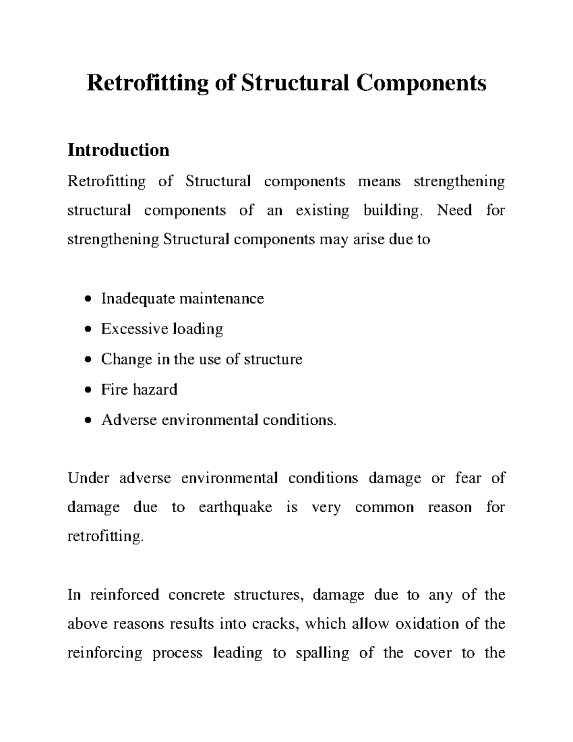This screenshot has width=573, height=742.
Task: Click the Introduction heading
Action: (x=118, y=150)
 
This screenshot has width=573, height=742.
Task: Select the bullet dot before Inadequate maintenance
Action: (x=86, y=299)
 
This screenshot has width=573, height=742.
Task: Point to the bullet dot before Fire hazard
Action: (x=86, y=390)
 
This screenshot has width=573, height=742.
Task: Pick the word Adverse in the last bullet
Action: (x=129, y=420)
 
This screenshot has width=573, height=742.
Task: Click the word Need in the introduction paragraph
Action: (x=454, y=210)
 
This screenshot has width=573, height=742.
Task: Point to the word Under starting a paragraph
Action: (x=88, y=478)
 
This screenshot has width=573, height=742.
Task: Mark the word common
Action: (x=384, y=507)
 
